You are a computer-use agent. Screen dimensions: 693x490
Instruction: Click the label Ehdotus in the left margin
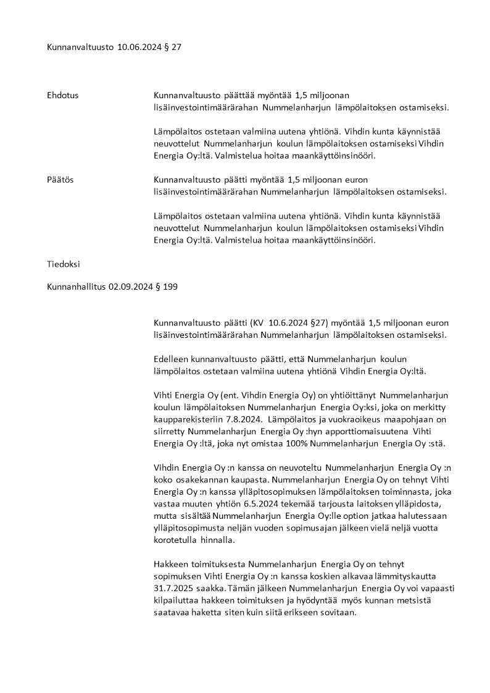(x=62, y=95)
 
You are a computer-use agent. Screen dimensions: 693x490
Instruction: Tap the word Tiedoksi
(x=64, y=264)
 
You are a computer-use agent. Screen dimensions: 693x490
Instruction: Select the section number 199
(x=171, y=287)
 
